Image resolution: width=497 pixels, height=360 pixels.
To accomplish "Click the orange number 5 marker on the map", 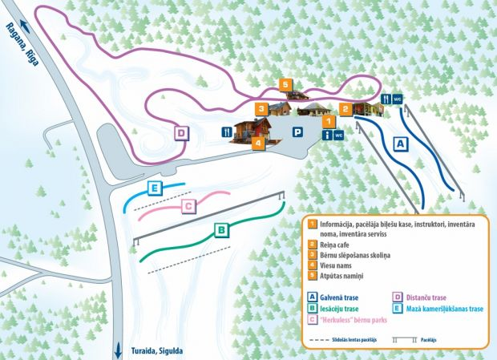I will pyautogui.click(x=285, y=84).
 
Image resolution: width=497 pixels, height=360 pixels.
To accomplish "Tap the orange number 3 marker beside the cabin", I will pyautogui.click(x=261, y=108).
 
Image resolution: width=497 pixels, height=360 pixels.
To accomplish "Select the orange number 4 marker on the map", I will pyautogui.click(x=257, y=144).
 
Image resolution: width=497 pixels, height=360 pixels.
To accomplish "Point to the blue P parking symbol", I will pyautogui.click(x=298, y=132).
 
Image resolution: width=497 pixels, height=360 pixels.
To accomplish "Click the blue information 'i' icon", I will pyautogui.click(x=328, y=136).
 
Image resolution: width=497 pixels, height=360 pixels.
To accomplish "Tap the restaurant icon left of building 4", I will pyautogui.click(x=227, y=131).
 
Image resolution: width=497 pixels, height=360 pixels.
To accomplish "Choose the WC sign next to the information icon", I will pyautogui.click(x=339, y=135).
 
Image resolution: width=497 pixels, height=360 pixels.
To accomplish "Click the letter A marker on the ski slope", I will pyautogui.click(x=401, y=143).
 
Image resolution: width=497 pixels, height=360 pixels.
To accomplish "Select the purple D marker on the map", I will pyautogui.click(x=181, y=133).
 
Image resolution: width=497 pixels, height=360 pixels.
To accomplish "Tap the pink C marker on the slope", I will pyautogui.click(x=188, y=207).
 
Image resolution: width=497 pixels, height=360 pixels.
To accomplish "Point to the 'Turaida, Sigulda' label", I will pyautogui.click(x=156, y=351).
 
